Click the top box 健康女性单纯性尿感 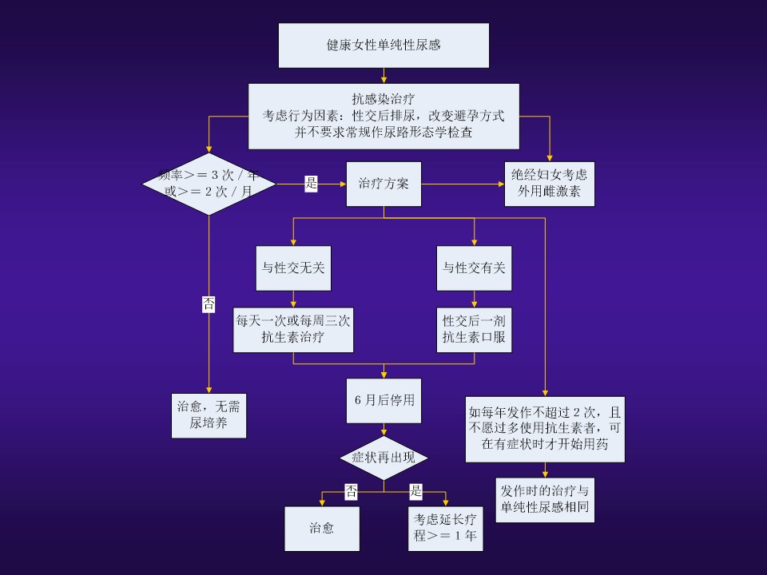pyautogui.click(x=383, y=46)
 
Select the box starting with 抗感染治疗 pyautogui.click(x=383, y=117)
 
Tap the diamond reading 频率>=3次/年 pyautogui.click(x=209, y=184)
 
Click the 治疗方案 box pyautogui.click(x=383, y=184)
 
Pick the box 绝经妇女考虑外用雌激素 pyautogui.click(x=550, y=184)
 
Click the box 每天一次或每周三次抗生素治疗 pyautogui.click(x=293, y=330)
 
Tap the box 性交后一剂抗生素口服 pyautogui.click(x=475, y=330)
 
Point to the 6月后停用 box pyautogui.click(x=384, y=400)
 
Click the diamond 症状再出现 pyautogui.click(x=384, y=458)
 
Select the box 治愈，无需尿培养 pyautogui.click(x=209, y=415)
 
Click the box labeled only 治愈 pyautogui.click(x=322, y=529)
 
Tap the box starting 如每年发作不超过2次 pyautogui.click(x=545, y=429)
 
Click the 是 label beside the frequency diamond pyautogui.click(x=312, y=184)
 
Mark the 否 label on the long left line pyautogui.click(x=209, y=303)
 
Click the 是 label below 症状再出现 pyautogui.click(x=416, y=491)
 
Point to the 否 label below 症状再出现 pyautogui.click(x=351, y=491)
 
